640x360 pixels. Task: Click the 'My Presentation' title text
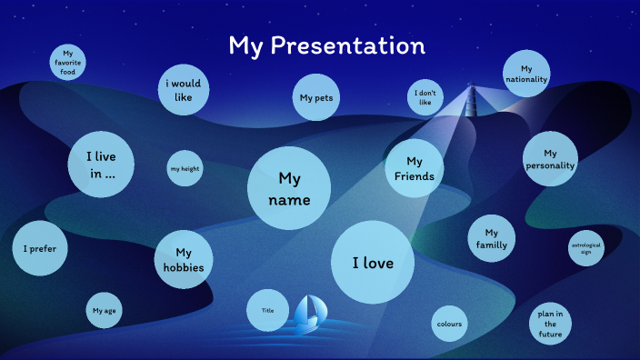(x=326, y=45)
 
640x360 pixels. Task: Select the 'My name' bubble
(x=289, y=188)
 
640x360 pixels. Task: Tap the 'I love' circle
(x=373, y=263)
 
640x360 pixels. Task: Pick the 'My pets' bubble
(x=316, y=98)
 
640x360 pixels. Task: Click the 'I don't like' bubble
(x=425, y=97)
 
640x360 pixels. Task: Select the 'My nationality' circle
(x=526, y=74)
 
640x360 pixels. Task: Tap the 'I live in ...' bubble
(x=101, y=165)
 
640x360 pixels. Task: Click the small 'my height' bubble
(x=185, y=168)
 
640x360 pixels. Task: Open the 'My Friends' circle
(x=414, y=168)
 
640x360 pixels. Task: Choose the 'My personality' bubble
(x=550, y=159)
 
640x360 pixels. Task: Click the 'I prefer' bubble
(x=40, y=248)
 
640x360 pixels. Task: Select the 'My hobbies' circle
(x=184, y=259)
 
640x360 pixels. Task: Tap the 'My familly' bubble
(x=492, y=238)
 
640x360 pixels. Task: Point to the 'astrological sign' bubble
(x=585, y=249)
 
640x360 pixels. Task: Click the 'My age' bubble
(x=104, y=311)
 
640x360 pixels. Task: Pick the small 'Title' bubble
(x=267, y=310)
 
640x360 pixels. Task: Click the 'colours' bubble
(x=449, y=324)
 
